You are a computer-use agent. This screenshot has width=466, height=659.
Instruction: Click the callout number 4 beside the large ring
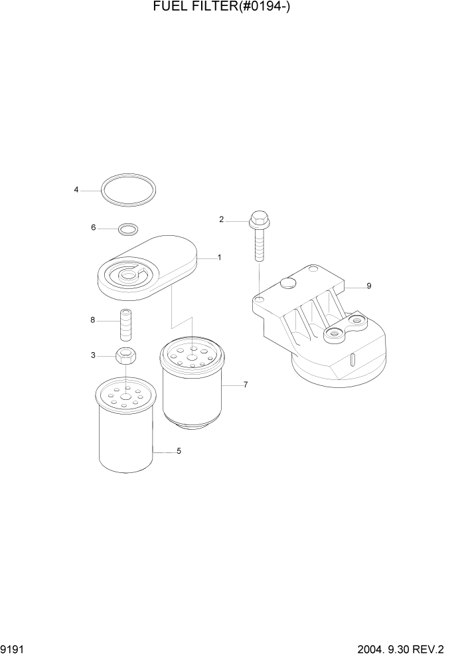click(x=76, y=190)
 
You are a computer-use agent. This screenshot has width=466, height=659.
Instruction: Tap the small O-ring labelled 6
click(x=127, y=230)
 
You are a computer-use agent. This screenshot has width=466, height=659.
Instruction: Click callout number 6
click(x=94, y=228)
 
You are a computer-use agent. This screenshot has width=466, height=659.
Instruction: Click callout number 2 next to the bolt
click(x=222, y=219)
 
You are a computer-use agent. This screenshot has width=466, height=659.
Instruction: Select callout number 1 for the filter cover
click(x=219, y=257)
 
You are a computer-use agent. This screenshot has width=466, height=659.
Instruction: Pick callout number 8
click(x=93, y=320)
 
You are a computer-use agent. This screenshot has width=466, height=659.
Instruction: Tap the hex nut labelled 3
click(x=125, y=356)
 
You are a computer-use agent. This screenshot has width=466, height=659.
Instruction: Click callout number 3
click(x=93, y=355)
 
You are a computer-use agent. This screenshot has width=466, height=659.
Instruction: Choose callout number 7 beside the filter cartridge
click(x=245, y=385)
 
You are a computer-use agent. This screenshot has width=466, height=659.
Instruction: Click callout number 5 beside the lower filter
click(x=179, y=451)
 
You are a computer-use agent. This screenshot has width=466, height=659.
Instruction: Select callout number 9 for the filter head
click(x=368, y=286)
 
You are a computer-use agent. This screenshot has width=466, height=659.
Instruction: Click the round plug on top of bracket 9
click(x=287, y=284)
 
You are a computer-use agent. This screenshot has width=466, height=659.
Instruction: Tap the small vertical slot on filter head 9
click(x=352, y=361)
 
